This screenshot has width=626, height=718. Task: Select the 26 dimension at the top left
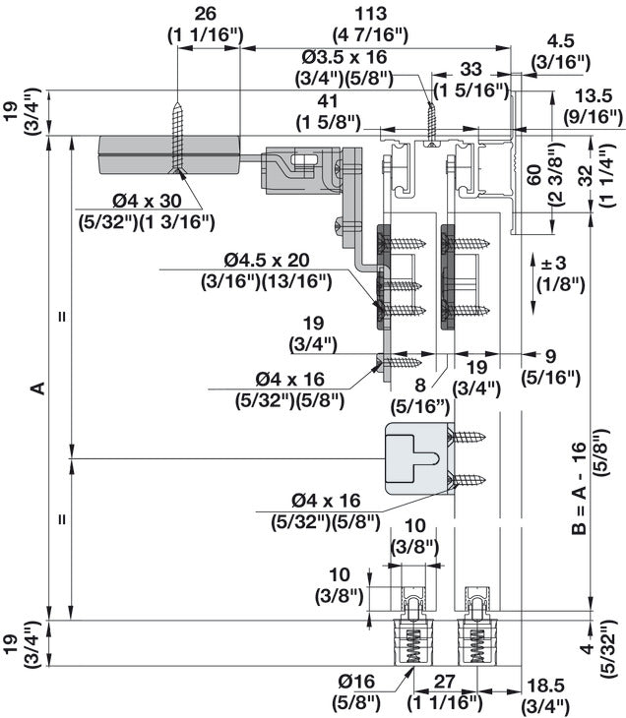[x=206, y=13]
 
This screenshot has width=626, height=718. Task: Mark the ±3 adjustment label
[x=552, y=264]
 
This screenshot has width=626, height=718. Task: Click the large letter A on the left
[x=38, y=388]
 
